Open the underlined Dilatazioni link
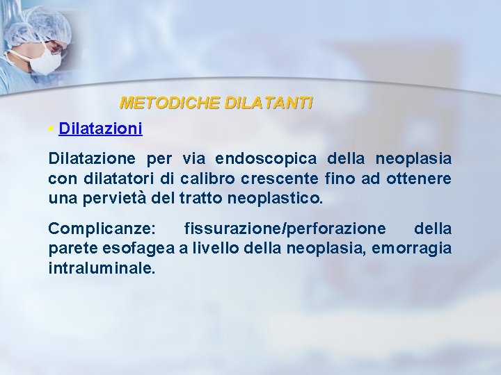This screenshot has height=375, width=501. [101, 128]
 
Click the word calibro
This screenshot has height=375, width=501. [205, 179]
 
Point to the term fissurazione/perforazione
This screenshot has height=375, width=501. [285, 228]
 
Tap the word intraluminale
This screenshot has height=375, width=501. [102, 267]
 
